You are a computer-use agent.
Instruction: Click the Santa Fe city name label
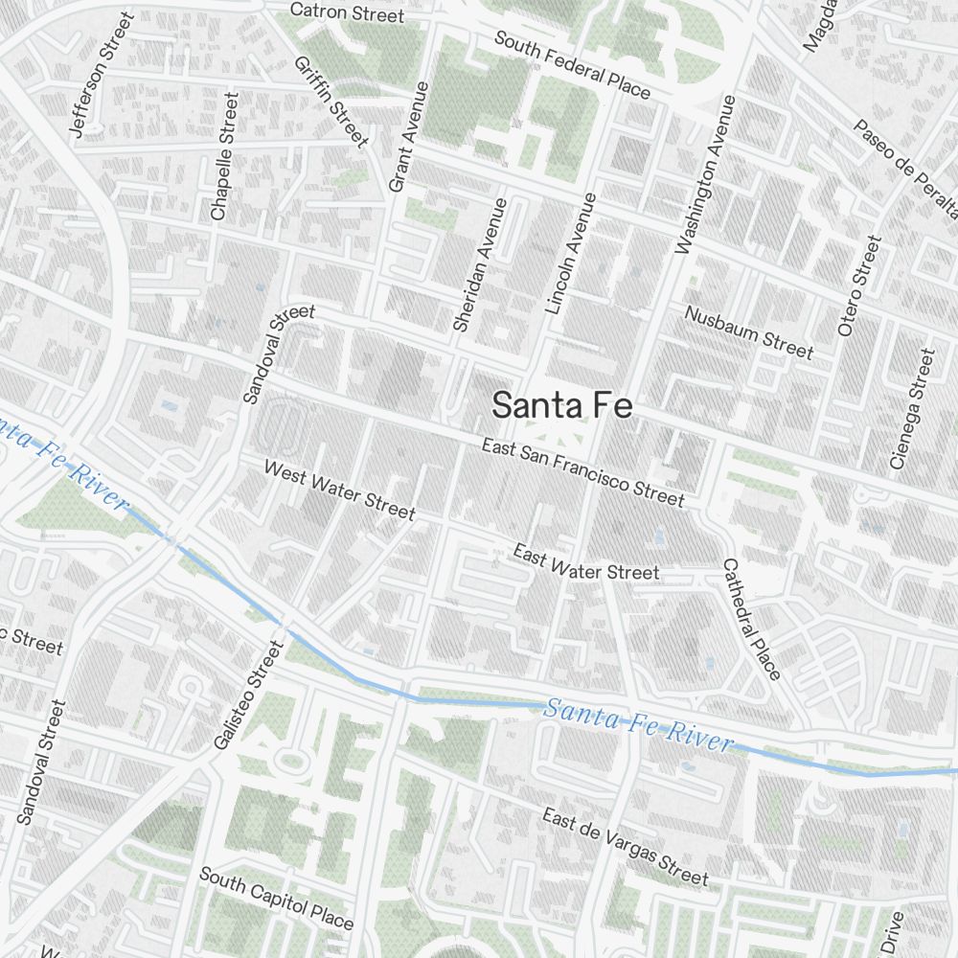(x=562, y=405)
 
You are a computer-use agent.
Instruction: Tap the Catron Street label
(x=346, y=12)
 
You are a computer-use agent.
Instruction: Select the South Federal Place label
(x=572, y=65)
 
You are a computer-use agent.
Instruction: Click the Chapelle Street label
(x=223, y=156)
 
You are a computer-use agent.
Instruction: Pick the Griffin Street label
(x=331, y=103)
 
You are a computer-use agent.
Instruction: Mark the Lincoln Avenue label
(x=571, y=254)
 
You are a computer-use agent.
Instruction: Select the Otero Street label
(x=857, y=286)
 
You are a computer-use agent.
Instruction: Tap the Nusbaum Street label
(x=748, y=332)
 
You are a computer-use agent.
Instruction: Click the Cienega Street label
(x=911, y=409)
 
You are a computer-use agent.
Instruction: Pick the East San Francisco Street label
(x=582, y=472)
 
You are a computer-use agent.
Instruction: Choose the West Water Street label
(x=339, y=490)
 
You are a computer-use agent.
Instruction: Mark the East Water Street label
(x=585, y=562)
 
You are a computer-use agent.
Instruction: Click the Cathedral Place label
(x=752, y=619)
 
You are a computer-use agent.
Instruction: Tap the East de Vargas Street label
(x=625, y=847)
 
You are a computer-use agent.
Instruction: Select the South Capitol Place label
(x=276, y=899)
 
